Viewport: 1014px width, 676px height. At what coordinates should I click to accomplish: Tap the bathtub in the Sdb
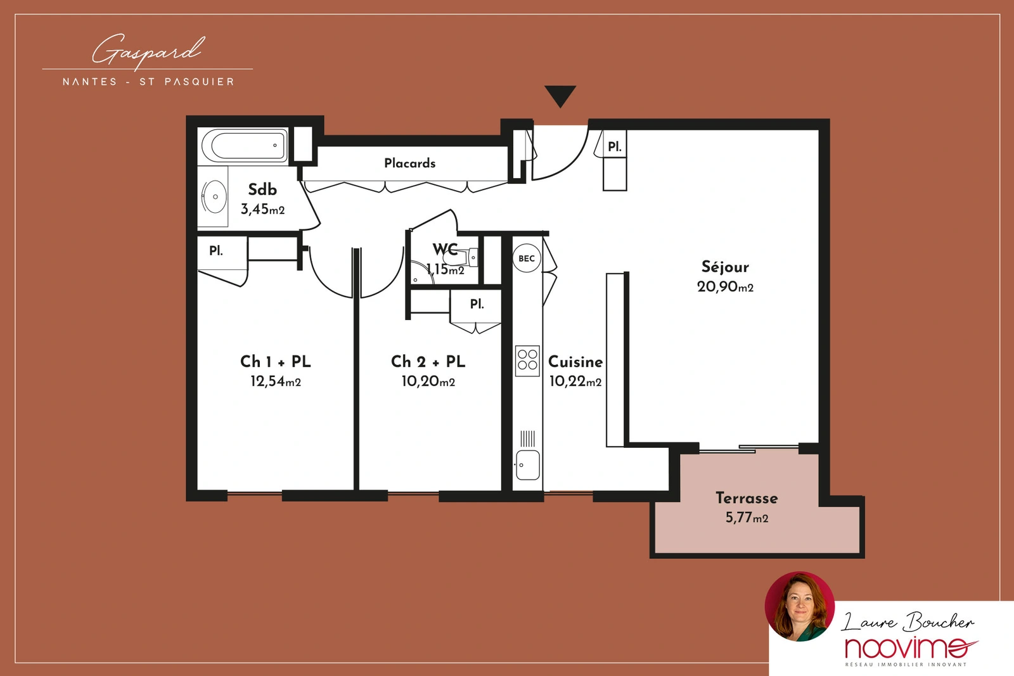(x=245, y=146)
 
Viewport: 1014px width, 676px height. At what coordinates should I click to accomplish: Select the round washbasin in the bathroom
(x=214, y=197)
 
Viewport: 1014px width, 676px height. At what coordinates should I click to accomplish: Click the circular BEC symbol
(x=527, y=258)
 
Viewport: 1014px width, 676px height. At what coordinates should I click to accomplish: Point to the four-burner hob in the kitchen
(x=527, y=360)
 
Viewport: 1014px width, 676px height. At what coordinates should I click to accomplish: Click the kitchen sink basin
(x=527, y=464)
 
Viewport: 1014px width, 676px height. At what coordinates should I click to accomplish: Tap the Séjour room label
(x=725, y=267)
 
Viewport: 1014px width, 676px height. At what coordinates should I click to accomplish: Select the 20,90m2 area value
(x=725, y=287)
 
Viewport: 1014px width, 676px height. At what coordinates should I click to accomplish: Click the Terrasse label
(x=747, y=498)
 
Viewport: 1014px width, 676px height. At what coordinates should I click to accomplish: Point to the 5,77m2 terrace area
(x=747, y=518)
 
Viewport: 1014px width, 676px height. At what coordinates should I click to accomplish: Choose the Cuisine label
(x=575, y=362)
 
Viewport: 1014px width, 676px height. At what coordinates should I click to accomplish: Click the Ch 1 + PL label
(x=275, y=362)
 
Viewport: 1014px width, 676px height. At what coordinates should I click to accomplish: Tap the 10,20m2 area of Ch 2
(x=428, y=381)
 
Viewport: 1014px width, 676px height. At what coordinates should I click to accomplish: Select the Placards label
(x=409, y=163)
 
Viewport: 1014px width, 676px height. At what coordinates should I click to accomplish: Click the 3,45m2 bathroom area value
(x=262, y=209)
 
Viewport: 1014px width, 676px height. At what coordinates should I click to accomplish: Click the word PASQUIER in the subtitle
(x=199, y=82)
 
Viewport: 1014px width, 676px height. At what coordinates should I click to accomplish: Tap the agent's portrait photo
(x=799, y=607)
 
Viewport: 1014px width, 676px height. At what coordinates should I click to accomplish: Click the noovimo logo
(x=910, y=648)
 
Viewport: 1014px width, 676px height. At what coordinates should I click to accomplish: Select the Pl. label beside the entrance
(x=614, y=146)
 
